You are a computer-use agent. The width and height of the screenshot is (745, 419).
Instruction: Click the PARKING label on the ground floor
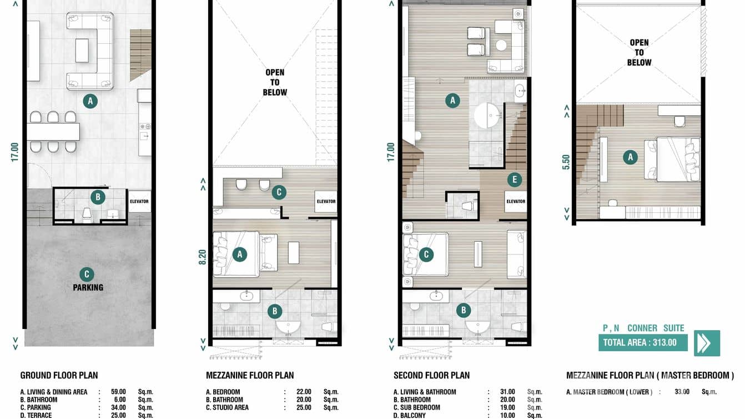click(x=88, y=287)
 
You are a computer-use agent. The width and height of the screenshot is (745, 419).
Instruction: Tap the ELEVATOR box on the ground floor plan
click(x=139, y=201)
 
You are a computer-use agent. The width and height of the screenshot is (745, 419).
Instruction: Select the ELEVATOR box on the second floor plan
click(x=515, y=201)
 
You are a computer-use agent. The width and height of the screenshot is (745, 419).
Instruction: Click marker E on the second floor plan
click(x=515, y=179)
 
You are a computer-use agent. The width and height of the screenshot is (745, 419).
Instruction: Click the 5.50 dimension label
click(x=566, y=162)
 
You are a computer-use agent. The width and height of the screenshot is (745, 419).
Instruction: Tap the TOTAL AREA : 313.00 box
click(x=642, y=342)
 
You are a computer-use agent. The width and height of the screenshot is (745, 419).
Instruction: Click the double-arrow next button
click(x=706, y=343)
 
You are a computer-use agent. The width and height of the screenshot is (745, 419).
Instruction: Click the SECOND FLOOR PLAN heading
click(x=431, y=376)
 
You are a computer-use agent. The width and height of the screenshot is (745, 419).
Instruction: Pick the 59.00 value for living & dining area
click(x=119, y=392)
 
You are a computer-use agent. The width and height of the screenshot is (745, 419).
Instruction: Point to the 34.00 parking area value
click(x=119, y=407)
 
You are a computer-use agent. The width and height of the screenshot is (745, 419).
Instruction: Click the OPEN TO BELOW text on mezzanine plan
click(x=275, y=82)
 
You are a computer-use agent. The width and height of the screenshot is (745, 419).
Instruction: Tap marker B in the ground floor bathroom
click(x=98, y=197)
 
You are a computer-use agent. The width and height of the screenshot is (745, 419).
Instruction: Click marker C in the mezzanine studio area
click(x=279, y=192)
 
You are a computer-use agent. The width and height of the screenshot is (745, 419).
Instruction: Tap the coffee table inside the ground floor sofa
click(x=82, y=51)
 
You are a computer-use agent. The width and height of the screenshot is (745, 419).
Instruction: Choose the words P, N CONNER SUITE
click(x=643, y=328)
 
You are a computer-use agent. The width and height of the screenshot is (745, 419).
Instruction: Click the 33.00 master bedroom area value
click(x=681, y=392)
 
